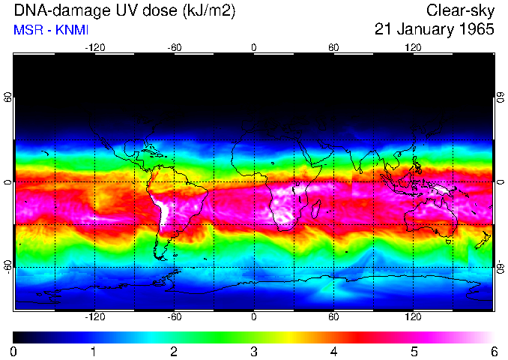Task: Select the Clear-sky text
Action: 460,10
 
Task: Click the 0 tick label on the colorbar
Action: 13,351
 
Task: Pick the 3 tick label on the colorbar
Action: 253,351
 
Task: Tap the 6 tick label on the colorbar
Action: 493,351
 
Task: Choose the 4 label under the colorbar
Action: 333,351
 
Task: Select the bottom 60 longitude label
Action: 333,317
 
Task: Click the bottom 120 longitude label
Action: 413,317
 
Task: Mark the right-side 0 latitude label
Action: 500,182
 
